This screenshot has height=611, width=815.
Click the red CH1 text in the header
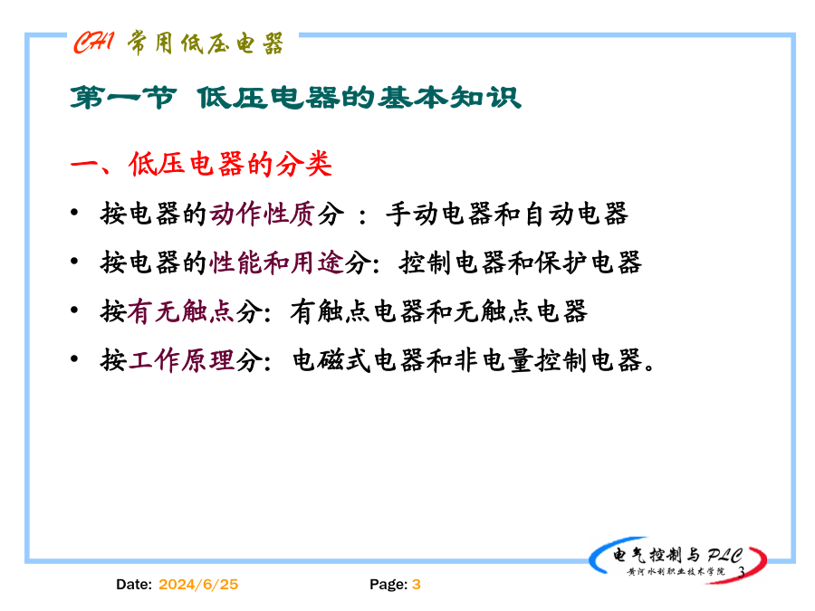coord(93,42)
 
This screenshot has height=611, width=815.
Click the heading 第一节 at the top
coord(123,98)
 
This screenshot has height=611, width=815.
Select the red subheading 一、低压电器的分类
coord(201,164)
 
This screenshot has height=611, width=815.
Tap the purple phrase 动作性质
coord(263,214)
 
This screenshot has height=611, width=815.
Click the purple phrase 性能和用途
coord(277,263)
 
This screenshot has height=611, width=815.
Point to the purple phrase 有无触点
coord(181,311)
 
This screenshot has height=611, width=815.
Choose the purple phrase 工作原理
coord(181,360)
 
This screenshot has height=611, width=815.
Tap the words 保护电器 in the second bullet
coord(589,263)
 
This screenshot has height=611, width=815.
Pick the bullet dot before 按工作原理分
coord(74,358)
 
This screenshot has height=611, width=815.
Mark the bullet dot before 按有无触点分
coord(74,310)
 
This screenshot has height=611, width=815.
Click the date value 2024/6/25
coord(198,585)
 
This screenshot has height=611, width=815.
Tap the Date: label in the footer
coord(134,585)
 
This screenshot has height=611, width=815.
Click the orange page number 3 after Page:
coord(417,585)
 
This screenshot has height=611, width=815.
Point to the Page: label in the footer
coord(388,585)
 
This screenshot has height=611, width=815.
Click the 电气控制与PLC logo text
coord(677,556)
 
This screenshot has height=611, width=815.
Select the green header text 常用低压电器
coord(206,43)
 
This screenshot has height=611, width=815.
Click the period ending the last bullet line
coord(649,368)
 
